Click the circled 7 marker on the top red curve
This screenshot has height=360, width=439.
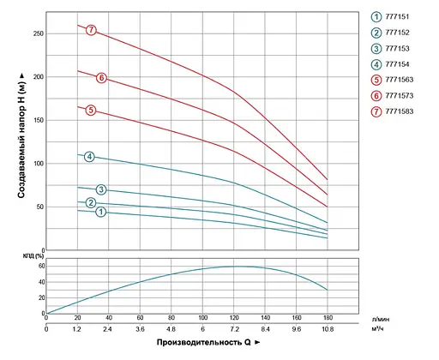(91, 31)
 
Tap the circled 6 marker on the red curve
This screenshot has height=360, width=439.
(101, 78)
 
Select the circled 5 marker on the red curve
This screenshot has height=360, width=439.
(91, 111)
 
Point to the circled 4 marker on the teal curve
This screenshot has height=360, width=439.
(89, 157)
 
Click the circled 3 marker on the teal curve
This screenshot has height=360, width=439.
(100, 189)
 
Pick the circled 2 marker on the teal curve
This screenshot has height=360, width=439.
(91, 203)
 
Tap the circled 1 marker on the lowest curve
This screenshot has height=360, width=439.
(100, 212)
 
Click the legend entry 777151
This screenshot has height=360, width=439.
(392, 16)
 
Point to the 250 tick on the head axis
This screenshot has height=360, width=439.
(36, 33)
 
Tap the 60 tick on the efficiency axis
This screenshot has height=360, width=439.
(39, 267)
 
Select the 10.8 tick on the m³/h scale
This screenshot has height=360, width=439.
(327, 329)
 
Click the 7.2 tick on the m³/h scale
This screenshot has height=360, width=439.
(233, 329)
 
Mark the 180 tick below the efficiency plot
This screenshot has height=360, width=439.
(327, 318)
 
